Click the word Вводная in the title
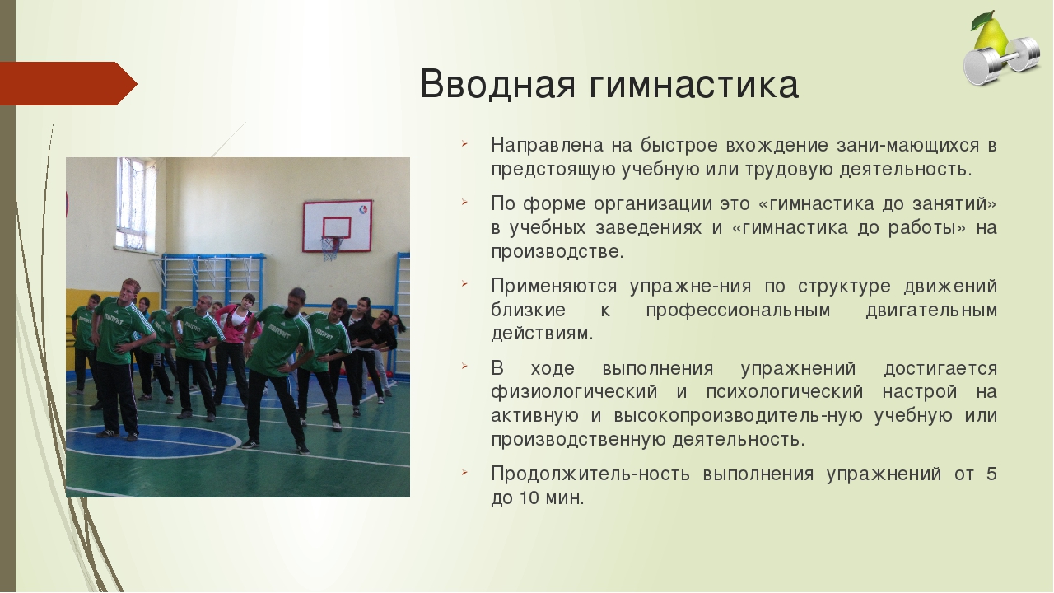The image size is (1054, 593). pos(498,84)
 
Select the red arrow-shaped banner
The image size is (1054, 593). pos(68,83)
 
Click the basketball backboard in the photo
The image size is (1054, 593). pos(338,226)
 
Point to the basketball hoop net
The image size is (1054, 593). pos(331,248)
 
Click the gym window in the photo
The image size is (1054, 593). pos(136,204)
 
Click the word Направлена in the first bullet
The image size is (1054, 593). pos(547,145)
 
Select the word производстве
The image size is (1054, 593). pos(557,252)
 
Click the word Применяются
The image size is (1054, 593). pos(554,287)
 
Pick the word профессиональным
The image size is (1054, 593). pos(738,311)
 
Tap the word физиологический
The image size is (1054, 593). pos(574,392)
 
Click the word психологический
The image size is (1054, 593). pos(785,392)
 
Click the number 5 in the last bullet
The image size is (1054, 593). pos(991,474)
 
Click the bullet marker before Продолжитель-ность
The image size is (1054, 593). pos(464,472)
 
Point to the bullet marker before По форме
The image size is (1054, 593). pos(464,202)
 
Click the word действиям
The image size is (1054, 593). pos(542,334)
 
